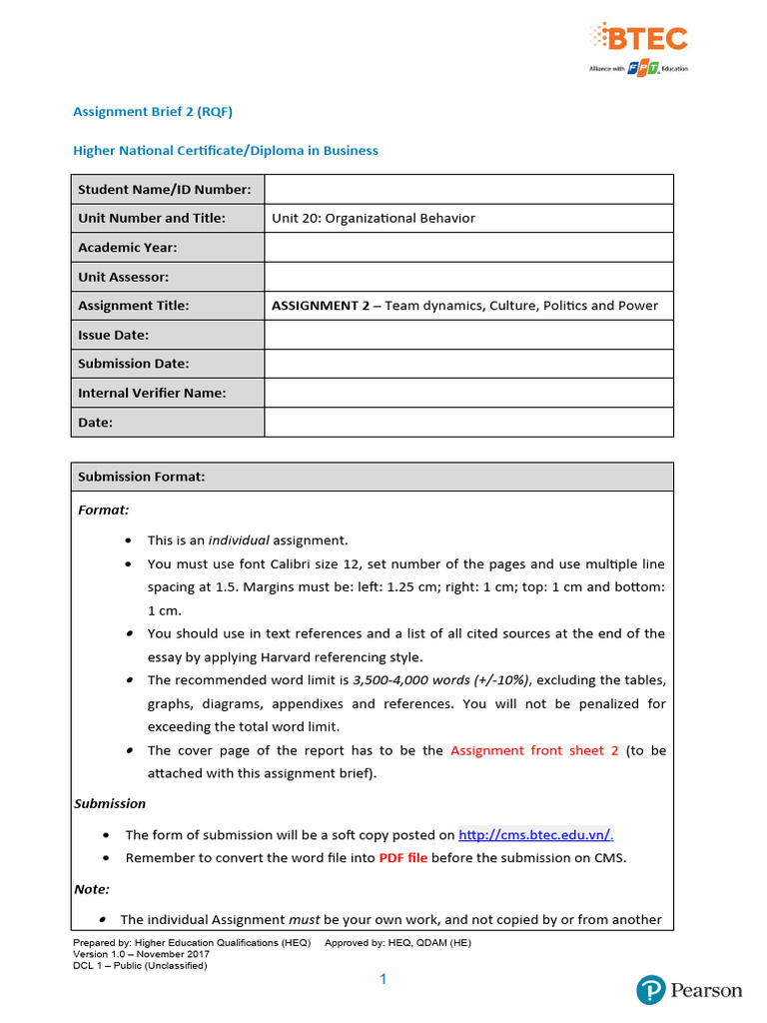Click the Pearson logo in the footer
coord(689,990)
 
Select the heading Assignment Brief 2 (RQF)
coord(153,112)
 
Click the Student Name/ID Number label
coord(165,189)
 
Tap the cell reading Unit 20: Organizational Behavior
coord(374,218)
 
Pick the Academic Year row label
coord(128,247)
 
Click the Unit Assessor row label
coord(124,277)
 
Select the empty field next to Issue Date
coord(468,335)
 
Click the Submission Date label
coord(134,364)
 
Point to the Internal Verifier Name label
coord(152,393)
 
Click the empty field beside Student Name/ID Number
coord(468,189)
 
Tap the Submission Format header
coord(142,477)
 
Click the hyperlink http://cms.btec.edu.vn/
coord(535,834)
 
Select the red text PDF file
coord(402,858)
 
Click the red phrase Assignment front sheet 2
coord(534,750)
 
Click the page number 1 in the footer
coord(383,981)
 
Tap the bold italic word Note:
coord(92,888)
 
